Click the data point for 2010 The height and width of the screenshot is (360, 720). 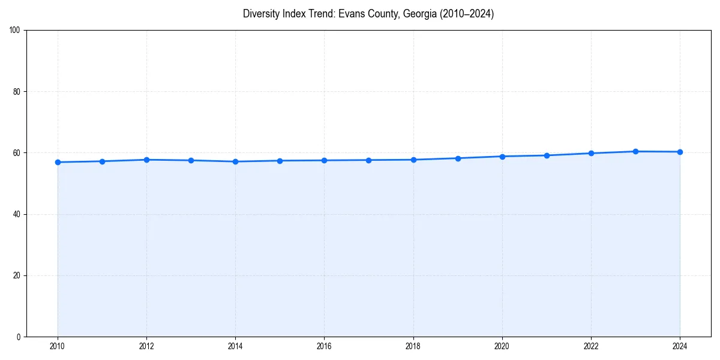[58, 162]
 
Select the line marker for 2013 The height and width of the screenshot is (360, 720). [191, 160]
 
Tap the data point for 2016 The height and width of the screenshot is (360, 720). [324, 160]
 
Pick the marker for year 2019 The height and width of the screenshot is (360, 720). [458, 158]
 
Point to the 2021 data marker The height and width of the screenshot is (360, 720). [547, 155]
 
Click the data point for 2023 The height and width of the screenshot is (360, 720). [635, 151]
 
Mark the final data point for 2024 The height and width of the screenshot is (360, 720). [680, 152]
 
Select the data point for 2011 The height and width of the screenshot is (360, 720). [102, 161]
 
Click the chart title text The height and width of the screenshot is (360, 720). [368, 14]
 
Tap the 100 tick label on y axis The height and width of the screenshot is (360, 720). [15, 30]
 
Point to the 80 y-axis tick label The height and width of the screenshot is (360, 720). [17, 92]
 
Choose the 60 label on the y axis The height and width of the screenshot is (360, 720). [17, 153]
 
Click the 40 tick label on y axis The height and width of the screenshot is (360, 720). [17, 214]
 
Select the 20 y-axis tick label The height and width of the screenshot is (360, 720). [17, 275]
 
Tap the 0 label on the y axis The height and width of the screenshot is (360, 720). [19, 337]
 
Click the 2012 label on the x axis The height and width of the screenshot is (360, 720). [146, 346]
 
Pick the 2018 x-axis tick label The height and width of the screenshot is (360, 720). [413, 346]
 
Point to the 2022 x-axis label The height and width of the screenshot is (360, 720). [591, 346]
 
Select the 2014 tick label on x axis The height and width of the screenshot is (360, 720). [235, 346]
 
